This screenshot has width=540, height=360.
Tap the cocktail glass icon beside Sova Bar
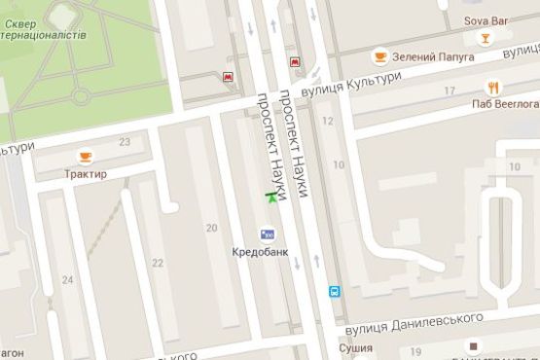pos(484,38)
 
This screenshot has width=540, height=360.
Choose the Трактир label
pos(87,174)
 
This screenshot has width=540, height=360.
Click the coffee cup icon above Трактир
pos(86,156)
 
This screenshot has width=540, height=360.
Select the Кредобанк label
pos(260,252)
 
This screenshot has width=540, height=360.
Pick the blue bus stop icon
pos(334,290)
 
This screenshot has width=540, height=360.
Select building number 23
pos(125,142)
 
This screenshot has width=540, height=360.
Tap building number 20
pos(211,228)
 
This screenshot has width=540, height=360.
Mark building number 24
pos(67,281)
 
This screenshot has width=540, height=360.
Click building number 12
pos(328,121)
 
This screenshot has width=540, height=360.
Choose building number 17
pos(449,90)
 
